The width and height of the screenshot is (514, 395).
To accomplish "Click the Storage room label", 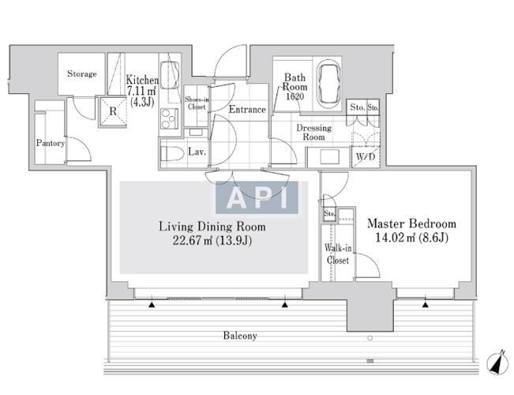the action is pyautogui.click(x=82, y=73).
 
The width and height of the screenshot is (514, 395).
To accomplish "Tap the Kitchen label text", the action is pyautogui.click(x=142, y=80).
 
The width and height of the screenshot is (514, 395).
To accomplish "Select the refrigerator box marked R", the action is pyautogui.click(x=113, y=111).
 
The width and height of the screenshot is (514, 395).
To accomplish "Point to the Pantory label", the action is pyautogui.click(x=51, y=143).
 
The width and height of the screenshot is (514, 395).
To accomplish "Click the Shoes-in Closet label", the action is pyautogui.click(x=197, y=103).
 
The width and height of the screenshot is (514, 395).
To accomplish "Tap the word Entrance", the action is pyautogui.click(x=247, y=109).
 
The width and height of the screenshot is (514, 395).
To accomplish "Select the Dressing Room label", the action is pyautogui.click(x=313, y=132).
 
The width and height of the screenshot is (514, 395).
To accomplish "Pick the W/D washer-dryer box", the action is pyautogui.click(x=366, y=157).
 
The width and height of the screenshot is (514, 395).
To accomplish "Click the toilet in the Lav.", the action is pyautogui.click(x=172, y=153).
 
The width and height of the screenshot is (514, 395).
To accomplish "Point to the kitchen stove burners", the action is pyautogui.click(x=169, y=118).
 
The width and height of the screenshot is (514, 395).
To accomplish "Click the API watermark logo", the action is pyautogui.click(x=257, y=197).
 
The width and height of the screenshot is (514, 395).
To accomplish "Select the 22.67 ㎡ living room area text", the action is pyautogui.click(x=212, y=241).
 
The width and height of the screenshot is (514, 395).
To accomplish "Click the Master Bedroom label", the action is pyautogui.click(x=411, y=224).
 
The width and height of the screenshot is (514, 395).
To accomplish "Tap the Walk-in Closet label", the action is pyautogui.click(x=338, y=254).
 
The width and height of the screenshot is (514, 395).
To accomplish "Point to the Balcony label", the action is pyautogui.click(x=240, y=336).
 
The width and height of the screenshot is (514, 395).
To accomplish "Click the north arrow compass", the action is pyautogui.click(x=497, y=363).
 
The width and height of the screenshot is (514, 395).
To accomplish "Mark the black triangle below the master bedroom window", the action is pyautogui.click(x=425, y=305).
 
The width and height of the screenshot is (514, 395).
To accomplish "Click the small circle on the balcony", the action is pyautogui.click(x=370, y=338).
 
